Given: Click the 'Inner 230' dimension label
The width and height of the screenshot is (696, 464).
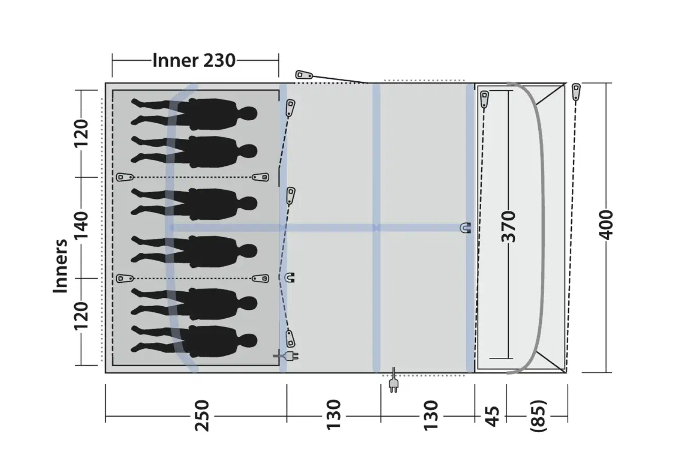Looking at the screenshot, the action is click(x=194, y=60).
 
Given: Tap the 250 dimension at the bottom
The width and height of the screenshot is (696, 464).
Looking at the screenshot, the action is click(x=202, y=415).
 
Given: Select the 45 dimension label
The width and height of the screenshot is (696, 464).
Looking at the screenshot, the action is click(x=492, y=416).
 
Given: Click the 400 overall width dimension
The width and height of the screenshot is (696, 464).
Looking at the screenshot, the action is click(x=606, y=224).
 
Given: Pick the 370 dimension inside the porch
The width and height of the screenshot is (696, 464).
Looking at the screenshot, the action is click(x=509, y=226).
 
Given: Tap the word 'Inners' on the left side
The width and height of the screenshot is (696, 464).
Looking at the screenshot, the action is click(x=60, y=266).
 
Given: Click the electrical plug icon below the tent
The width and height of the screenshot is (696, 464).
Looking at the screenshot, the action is click(x=394, y=380).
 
